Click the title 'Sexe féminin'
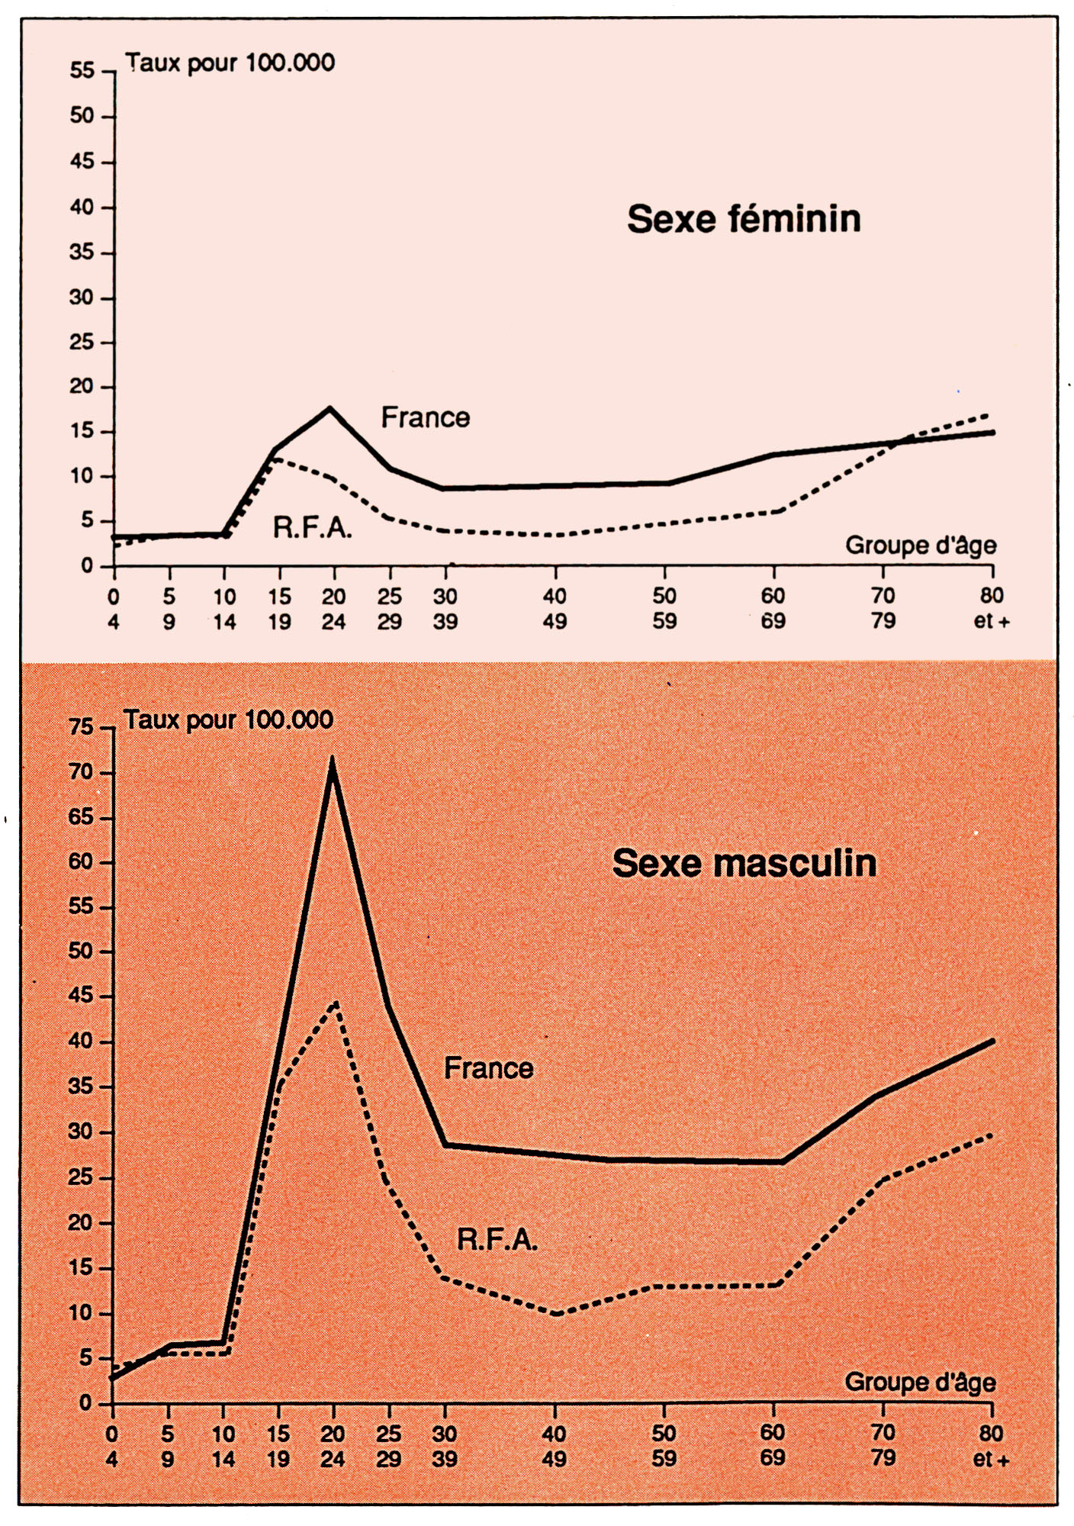pos(744,219)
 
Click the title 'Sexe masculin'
pos(744,864)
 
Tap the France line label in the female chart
pos(425,417)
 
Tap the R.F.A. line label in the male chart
pos(497,1239)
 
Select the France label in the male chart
pos(488,1067)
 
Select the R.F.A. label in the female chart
pos(312,527)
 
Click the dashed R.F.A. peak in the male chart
pos(335,1003)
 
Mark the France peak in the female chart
pos(330,408)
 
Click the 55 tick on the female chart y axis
pos(82,71)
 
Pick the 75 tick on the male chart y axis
pos(82,727)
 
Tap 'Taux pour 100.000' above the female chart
pos(230,62)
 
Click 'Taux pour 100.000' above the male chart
pos(228,720)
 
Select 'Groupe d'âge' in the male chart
pos(920,1383)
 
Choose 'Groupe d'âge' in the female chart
pos(921,546)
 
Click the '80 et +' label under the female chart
pos(991,608)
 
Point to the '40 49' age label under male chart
pos(555,1446)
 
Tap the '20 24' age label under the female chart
pos(333,609)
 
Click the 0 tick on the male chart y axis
pos(85,1403)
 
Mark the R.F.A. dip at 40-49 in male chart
pos(557,1315)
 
